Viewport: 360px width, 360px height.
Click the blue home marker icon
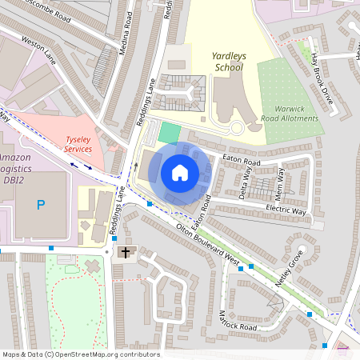click(x=179, y=173)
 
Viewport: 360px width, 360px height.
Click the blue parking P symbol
click(x=41, y=205)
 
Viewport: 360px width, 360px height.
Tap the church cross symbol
click(x=124, y=253)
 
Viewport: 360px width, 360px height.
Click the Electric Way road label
click(x=286, y=211)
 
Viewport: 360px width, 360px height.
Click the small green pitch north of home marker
click(x=169, y=133)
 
